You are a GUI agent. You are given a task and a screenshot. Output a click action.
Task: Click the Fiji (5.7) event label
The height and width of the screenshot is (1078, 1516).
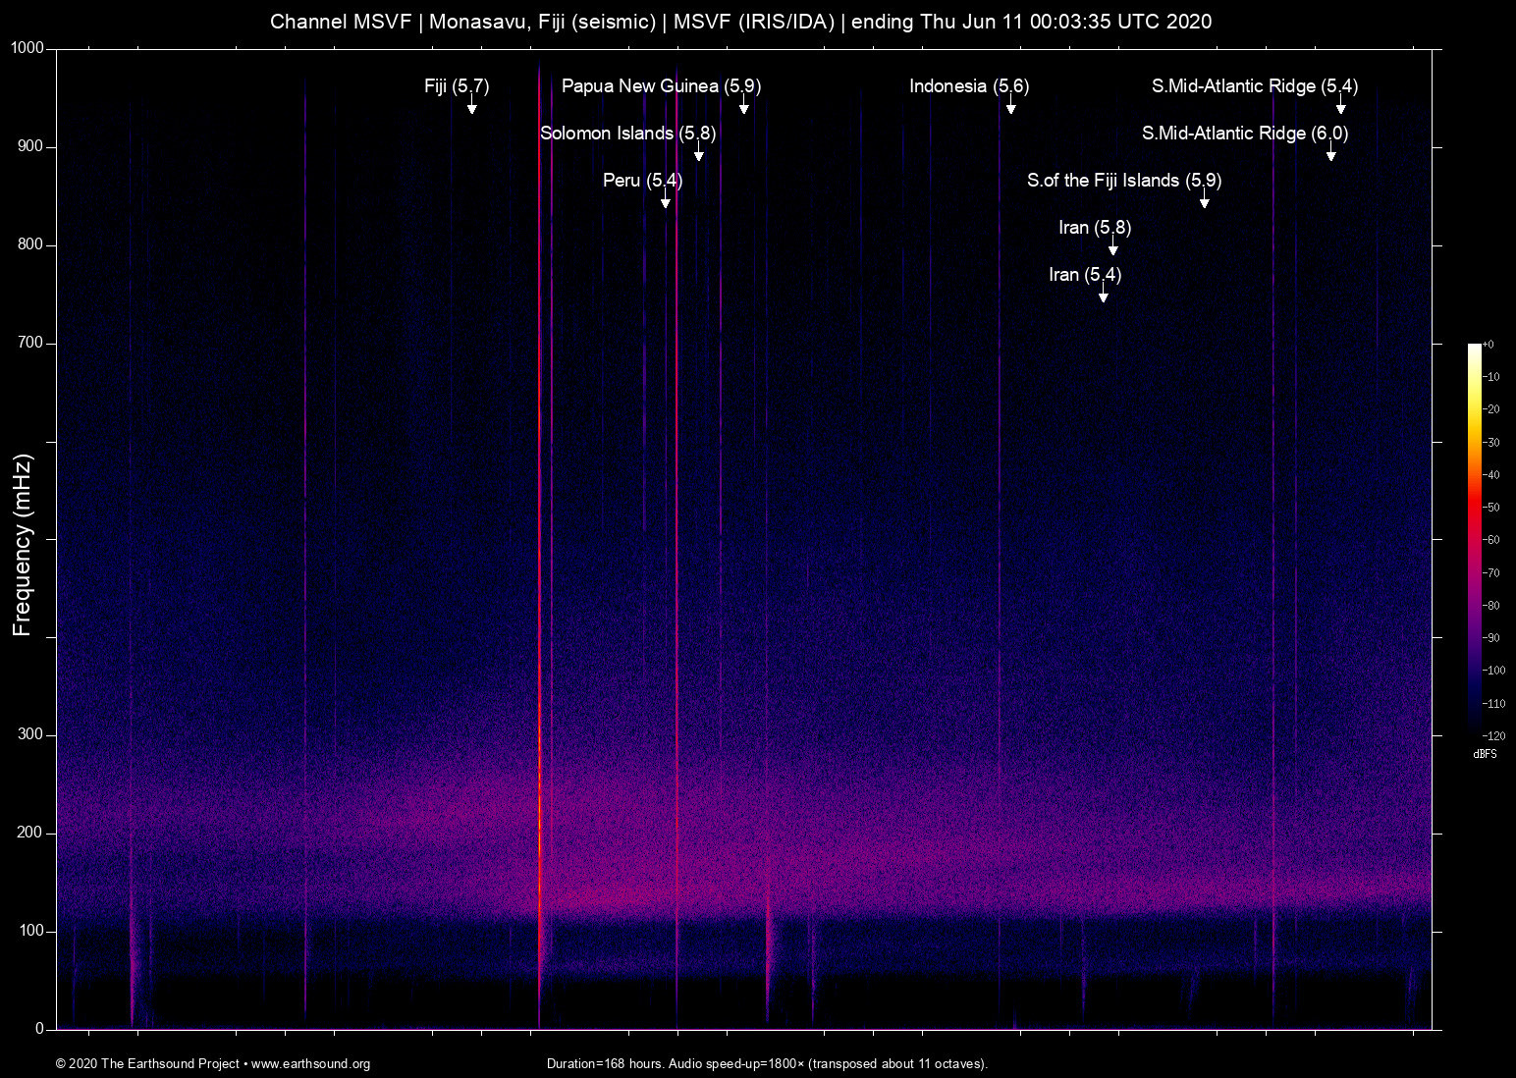(x=457, y=86)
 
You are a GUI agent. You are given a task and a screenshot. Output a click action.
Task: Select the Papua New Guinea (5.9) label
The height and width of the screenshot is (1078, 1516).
(x=661, y=86)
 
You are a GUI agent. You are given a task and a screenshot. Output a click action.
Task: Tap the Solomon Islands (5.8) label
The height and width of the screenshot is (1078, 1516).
(x=627, y=134)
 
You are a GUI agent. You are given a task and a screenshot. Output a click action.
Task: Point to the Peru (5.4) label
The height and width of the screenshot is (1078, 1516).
(x=642, y=181)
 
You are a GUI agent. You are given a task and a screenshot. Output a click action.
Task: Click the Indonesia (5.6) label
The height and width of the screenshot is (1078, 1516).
(x=969, y=86)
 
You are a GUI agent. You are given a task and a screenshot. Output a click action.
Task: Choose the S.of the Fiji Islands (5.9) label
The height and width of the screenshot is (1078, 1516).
(x=1124, y=181)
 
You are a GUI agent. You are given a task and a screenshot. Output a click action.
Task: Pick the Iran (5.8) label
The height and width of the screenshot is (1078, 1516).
(x=1095, y=228)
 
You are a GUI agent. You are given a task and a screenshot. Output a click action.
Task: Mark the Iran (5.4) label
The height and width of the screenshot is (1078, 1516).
(x=1085, y=275)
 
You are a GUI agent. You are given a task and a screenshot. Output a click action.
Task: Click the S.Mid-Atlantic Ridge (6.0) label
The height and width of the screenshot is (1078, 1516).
(x=1245, y=134)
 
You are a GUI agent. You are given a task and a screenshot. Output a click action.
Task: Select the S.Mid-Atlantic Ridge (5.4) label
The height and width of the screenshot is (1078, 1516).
(x=1255, y=86)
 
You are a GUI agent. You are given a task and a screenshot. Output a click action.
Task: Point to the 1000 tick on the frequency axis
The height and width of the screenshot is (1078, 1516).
(x=28, y=49)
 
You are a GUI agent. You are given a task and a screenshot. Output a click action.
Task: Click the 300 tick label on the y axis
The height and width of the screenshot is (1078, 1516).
(x=31, y=734)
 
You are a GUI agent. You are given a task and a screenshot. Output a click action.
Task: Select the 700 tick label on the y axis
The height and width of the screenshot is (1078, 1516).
(x=31, y=344)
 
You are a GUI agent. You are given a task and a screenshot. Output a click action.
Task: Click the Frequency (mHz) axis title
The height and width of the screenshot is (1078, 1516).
(x=23, y=545)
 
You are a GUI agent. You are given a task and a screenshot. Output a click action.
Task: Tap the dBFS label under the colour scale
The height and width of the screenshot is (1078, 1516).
(x=1485, y=754)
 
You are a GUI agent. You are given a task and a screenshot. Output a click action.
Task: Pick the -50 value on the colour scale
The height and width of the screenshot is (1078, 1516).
(x=1491, y=508)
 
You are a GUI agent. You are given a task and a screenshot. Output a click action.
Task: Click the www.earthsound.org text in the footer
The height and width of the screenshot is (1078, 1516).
(x=310, y=1064)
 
